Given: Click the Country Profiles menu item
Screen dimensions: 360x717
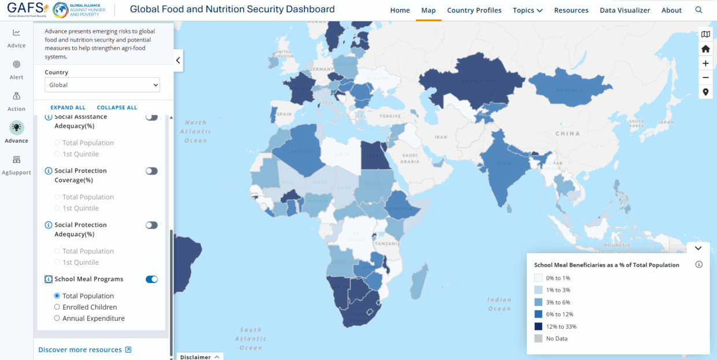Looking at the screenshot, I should click(x=474, y=10).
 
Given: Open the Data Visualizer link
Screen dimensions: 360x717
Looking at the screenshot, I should click(x=624, y=10).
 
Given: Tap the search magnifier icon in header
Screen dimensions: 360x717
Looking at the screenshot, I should click(x=699, y=10).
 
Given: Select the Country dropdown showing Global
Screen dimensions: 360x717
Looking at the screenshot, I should click(x=102, y=85).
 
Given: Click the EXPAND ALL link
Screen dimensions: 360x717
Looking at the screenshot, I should click(x=68, y=107).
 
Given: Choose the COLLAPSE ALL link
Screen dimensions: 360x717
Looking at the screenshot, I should click(x=117, y=107).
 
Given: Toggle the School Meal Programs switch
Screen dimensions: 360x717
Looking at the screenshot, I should click(x=151, y=279).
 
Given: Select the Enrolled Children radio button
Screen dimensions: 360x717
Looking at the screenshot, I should click(x=57, y=307).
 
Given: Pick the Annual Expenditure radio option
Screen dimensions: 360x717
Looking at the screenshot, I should click(x=57, y=318).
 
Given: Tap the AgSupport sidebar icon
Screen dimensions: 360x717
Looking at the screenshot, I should click(x=16, y=164).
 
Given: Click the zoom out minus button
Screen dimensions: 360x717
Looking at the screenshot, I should click(x=705, y=77).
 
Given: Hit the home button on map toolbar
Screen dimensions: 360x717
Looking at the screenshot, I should click(x=705, y=49).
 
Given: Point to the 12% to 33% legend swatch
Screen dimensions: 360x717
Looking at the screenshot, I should click(x=538, y=326).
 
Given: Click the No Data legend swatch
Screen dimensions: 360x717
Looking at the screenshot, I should click(x=538, y=339).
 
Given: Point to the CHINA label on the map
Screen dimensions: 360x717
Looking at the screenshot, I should click(x=567, y=133).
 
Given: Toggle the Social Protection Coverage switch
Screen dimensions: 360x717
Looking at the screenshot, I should click(x=151, y=171).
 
